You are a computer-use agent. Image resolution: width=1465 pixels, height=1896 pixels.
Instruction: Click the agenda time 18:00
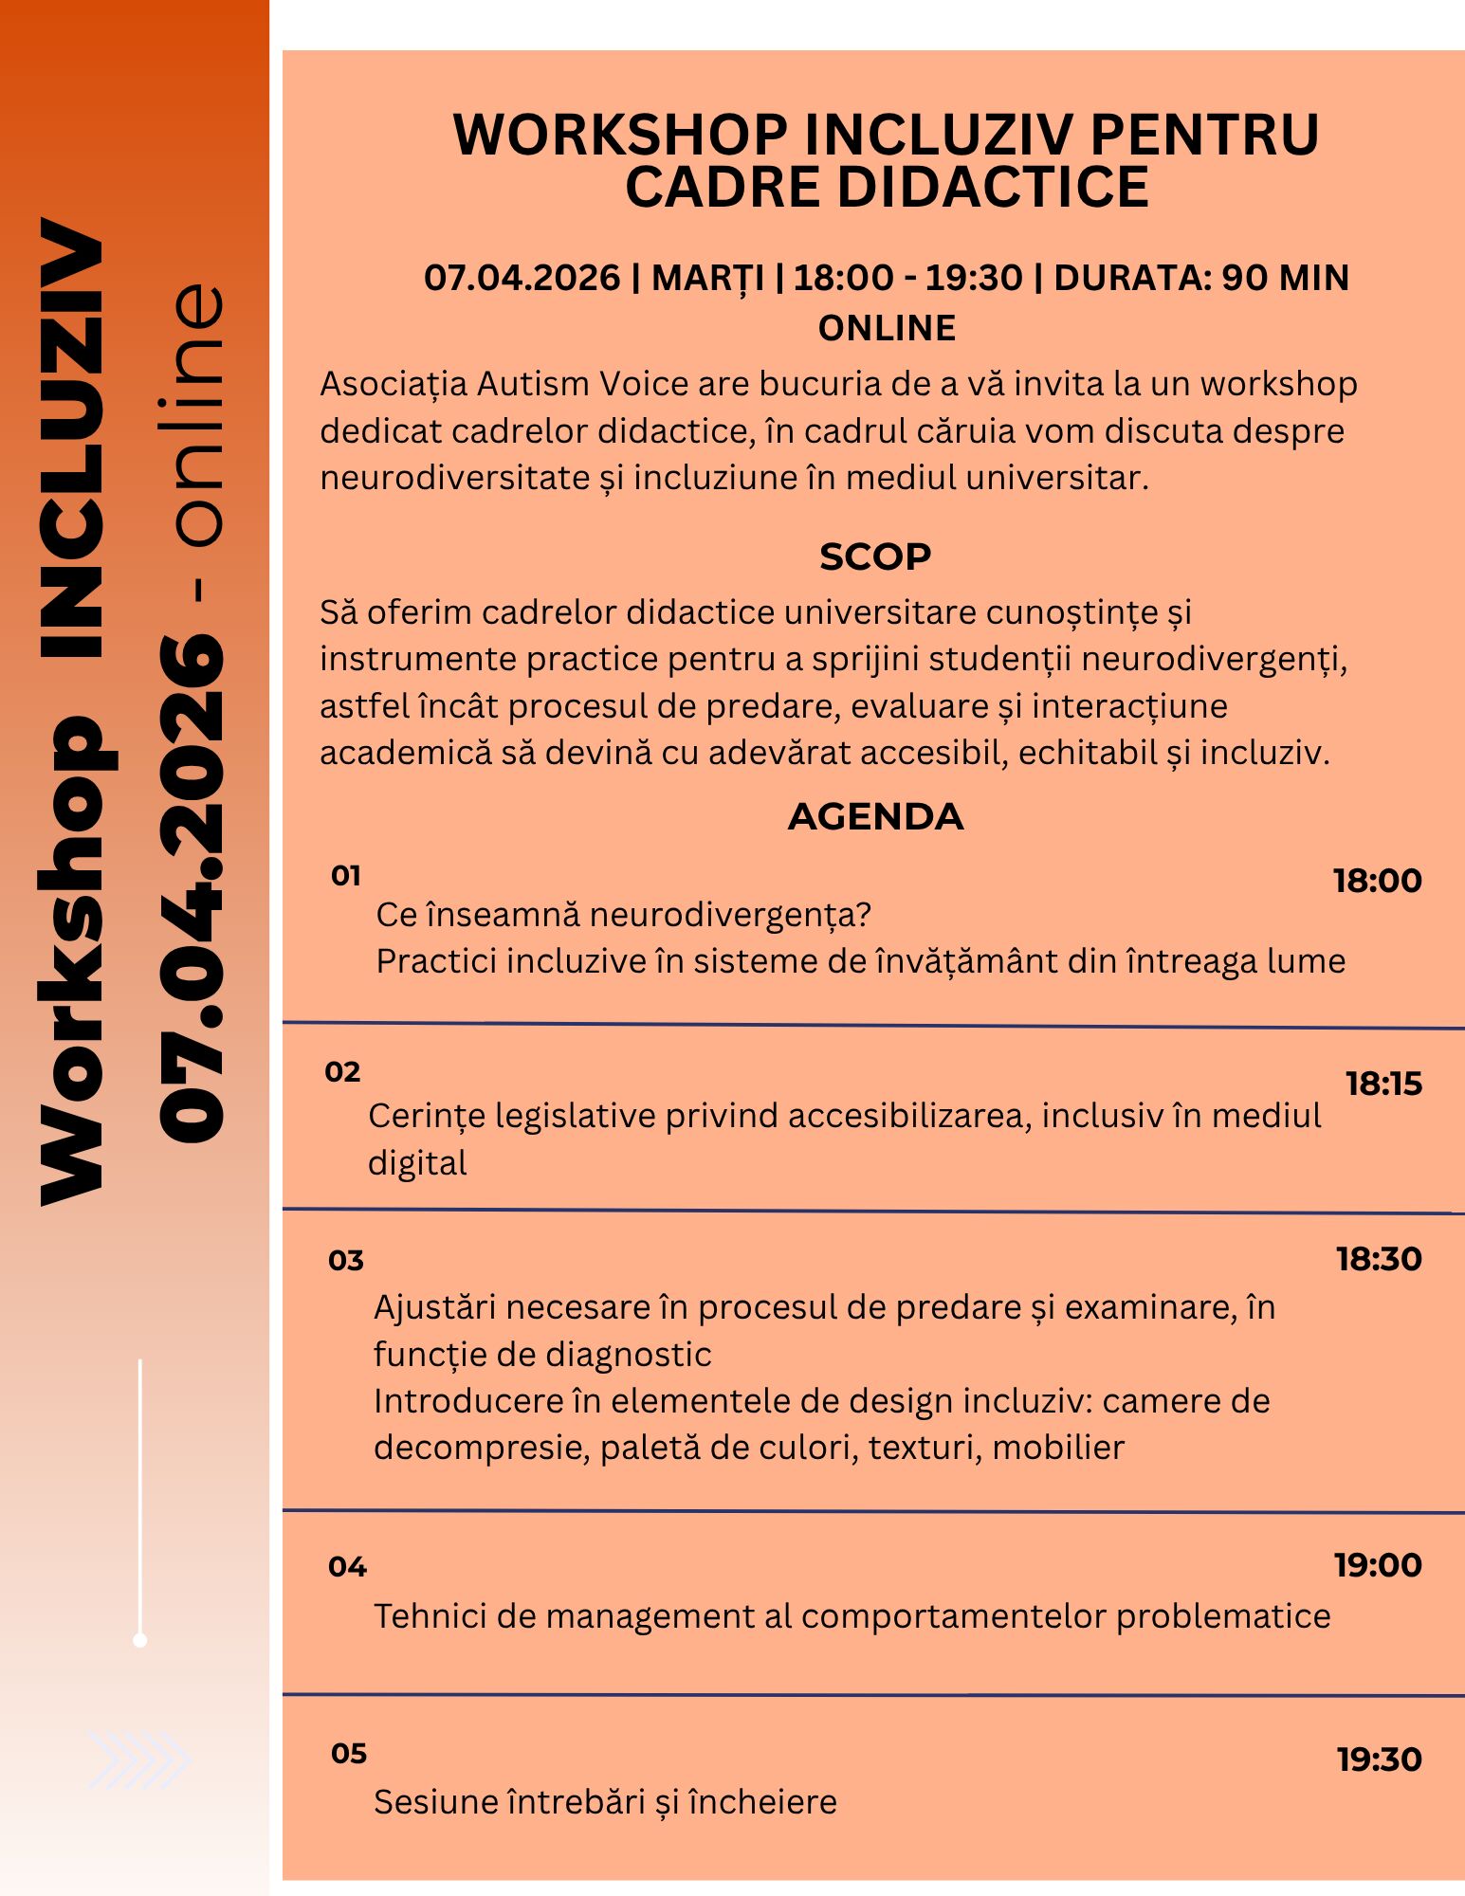[x=1377, y=881]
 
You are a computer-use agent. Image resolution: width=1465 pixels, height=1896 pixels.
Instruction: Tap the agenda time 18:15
[x=1383, y=1084]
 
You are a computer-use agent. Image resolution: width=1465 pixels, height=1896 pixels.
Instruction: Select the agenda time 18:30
[x=1379, y=1259]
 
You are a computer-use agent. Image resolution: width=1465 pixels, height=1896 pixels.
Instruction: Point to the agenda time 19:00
[x=1378, y=1564]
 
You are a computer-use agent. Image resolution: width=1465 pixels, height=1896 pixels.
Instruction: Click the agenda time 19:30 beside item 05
[x=1380, y=1759]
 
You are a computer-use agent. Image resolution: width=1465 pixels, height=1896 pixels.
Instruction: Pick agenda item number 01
[x=346, y=875]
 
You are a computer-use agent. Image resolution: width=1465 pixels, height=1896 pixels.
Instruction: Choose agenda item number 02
[x=342, y=1072]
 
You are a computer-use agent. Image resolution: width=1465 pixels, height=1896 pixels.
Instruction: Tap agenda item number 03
[x=346, y=1261]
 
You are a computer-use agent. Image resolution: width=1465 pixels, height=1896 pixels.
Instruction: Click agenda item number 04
[x=347, y=1566]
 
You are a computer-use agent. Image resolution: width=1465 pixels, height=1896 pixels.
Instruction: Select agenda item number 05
[x=348, y=1754]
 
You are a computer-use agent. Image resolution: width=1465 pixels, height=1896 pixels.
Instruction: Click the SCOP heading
[x=874, y=557]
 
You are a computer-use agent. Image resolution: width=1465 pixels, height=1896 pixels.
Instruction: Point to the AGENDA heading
[x=875, y=817]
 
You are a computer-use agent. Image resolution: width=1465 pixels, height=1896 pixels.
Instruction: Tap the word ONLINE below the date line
[x=887, y=328]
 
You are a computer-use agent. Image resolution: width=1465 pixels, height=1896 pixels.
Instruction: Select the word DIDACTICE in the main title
[x=993, y=187]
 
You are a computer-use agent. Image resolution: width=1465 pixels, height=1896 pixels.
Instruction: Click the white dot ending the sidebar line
[x=140, y=1640]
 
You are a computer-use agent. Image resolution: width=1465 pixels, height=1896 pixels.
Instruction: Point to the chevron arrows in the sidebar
[x=138, y=1759]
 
